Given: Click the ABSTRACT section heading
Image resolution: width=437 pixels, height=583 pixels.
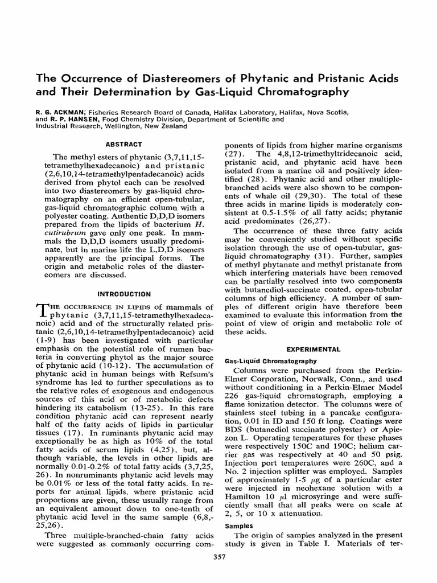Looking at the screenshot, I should tap(124, 145).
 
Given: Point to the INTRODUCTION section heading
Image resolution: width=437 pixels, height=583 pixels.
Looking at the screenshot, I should tap(124, 294).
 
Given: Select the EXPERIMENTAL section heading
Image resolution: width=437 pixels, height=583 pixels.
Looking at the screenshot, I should tap(313, 349).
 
